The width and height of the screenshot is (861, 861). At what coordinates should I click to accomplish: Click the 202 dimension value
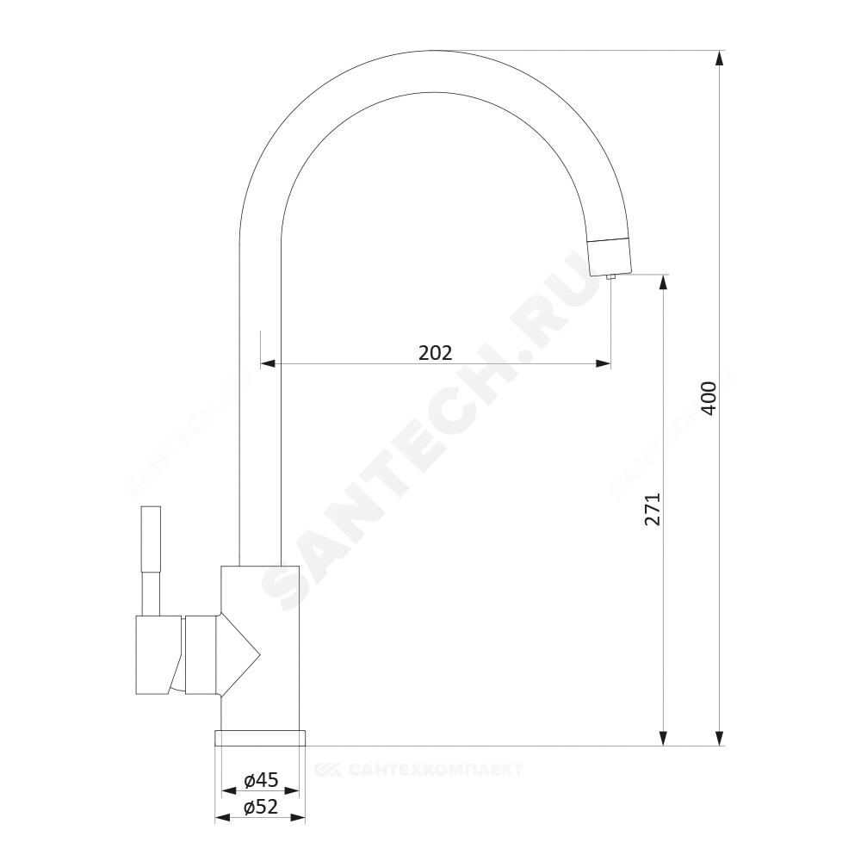point(435,352)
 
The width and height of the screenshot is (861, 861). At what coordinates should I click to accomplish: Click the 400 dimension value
point(709,398)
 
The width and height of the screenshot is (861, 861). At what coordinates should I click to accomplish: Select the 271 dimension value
point(653,510)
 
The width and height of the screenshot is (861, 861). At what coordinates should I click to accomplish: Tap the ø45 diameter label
point(261,779)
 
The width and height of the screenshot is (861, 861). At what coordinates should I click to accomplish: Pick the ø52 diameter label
point(261,807)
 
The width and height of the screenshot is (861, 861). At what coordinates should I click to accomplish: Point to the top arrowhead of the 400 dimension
point(719,59)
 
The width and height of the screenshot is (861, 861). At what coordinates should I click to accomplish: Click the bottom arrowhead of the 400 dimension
point(719,738)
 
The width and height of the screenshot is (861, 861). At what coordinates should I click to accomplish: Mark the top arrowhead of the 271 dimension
point(663,282)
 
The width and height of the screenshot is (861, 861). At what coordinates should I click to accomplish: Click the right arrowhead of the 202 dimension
point(603,363)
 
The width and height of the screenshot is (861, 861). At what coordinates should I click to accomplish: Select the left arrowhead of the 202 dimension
point(269,363)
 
